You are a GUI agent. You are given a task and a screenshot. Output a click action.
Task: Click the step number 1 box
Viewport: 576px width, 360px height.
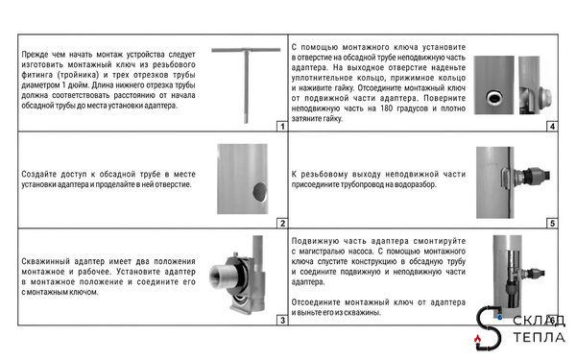[x=282, y=127]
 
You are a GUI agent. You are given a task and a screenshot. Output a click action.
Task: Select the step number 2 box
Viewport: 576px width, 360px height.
[x=282, y=224]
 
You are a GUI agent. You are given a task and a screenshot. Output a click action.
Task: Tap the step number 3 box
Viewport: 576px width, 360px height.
[x=282, y=321]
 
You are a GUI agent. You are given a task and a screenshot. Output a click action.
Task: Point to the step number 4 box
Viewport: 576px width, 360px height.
[x=552, y=127]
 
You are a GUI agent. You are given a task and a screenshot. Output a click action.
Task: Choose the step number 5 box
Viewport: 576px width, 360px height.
[x=552, y=224]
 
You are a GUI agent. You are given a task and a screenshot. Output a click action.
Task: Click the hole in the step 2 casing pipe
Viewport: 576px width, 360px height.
[x=260, y=192]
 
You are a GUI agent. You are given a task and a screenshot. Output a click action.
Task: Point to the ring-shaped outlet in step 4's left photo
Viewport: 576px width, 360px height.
[x=494, y=98]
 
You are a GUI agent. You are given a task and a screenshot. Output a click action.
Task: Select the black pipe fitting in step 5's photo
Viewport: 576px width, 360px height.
[x=536, y=175]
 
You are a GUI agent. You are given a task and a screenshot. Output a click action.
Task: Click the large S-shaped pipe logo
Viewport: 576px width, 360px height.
[x=489, y=327]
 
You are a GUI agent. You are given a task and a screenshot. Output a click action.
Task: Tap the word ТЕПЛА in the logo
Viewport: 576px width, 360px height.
[x=539, y=337]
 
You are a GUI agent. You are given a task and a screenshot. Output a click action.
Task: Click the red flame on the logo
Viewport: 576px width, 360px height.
[x=477, y=338]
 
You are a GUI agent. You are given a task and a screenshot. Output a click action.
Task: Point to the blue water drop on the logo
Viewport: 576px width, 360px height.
[x=499, y=317]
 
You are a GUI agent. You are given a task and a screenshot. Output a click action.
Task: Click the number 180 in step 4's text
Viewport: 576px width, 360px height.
[x=386, y=108]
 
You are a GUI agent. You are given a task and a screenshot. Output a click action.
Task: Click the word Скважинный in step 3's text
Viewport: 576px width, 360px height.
[x=45, y=261]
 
